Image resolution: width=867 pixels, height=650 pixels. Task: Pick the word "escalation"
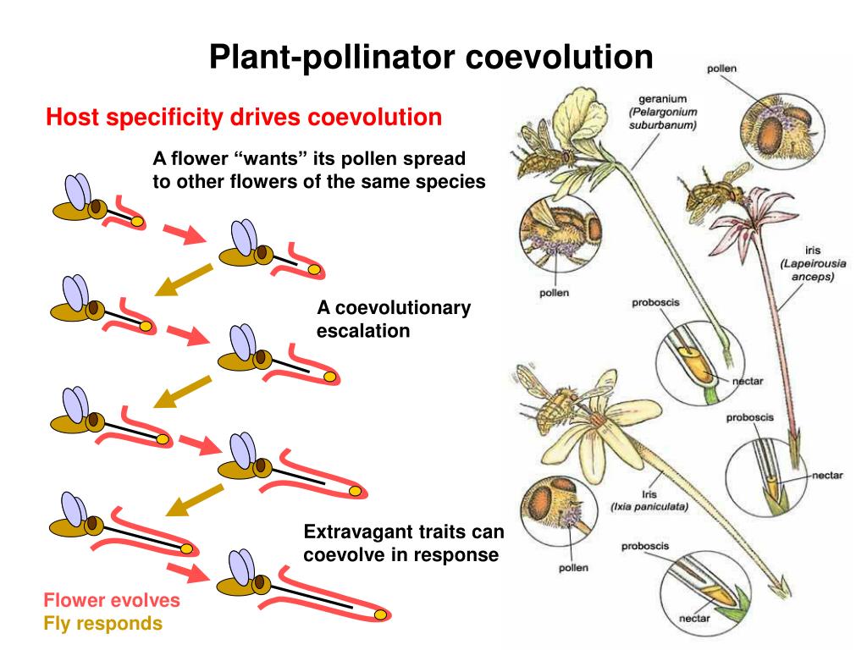pyautogui.click(x=363, y=330)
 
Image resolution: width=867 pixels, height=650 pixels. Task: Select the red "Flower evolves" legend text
pyautogui.click(x=112, y=601)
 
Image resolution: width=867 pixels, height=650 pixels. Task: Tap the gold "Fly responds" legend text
pyautogui.click(x=102, y=625)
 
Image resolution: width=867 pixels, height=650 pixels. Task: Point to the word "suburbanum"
pyautogui.click(x=662, y=125)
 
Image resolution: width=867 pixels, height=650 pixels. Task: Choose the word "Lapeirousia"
pyautogui.click(x=813, y=263)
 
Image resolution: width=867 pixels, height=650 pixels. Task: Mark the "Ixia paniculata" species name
pyautogui.click(x=649, y=507)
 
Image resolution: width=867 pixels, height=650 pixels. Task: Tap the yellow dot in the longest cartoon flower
pyautogui.click(x=381, y=612)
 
